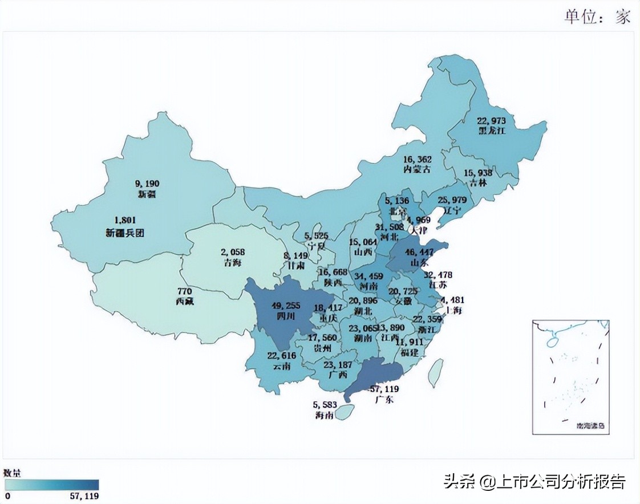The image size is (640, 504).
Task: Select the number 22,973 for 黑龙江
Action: (495, 120)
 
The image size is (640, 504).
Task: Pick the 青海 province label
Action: (233, 263)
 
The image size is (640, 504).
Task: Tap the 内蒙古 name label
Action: (417, 170)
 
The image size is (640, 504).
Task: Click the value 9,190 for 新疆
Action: (147, 184)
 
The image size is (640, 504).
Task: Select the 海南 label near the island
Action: (324, 416)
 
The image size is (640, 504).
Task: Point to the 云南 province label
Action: (281, 366)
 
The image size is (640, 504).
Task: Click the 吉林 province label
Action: (478, 182)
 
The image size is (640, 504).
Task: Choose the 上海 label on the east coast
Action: (454, 311)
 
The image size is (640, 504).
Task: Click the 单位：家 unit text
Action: (597, 16)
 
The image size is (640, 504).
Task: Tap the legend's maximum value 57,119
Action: (83, 497)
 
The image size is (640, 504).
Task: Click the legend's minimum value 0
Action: (8, 497)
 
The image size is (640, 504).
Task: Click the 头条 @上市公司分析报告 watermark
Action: (534, 482)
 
